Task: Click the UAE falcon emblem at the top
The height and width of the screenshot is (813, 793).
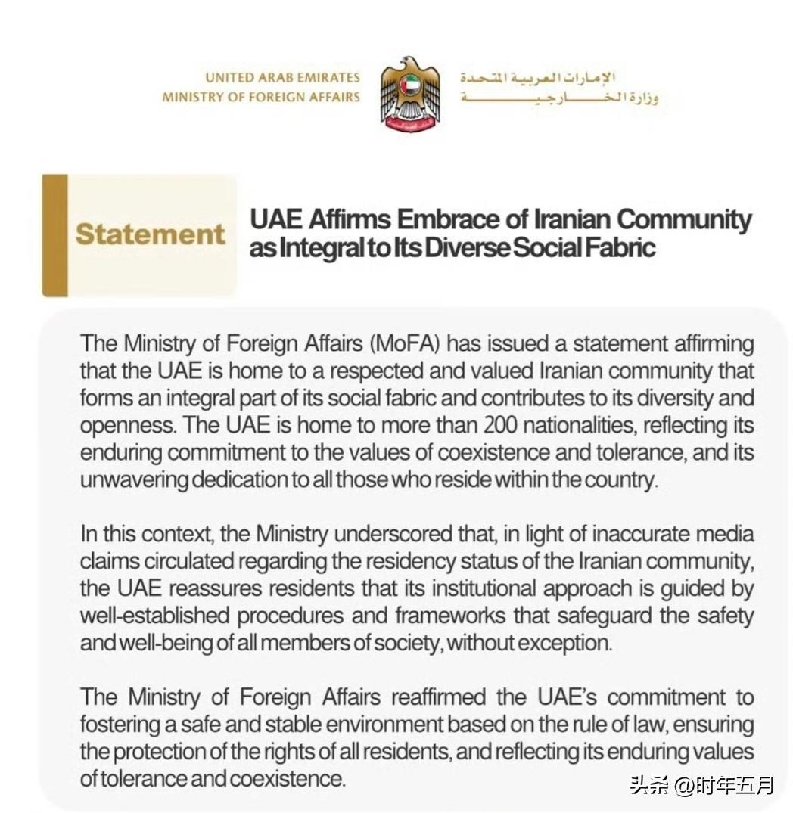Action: tap(410, 94)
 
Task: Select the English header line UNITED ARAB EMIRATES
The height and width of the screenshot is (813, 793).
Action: tap(282, 78)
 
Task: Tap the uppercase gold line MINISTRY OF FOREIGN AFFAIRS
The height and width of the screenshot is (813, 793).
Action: tap(261, 97)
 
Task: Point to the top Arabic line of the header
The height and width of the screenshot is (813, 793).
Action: tap(537, 78)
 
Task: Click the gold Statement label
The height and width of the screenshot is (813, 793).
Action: tap(150, 234)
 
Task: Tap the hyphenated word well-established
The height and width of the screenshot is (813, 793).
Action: tap(154, 616)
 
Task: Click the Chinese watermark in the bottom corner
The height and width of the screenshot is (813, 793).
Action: tap(702, 785)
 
